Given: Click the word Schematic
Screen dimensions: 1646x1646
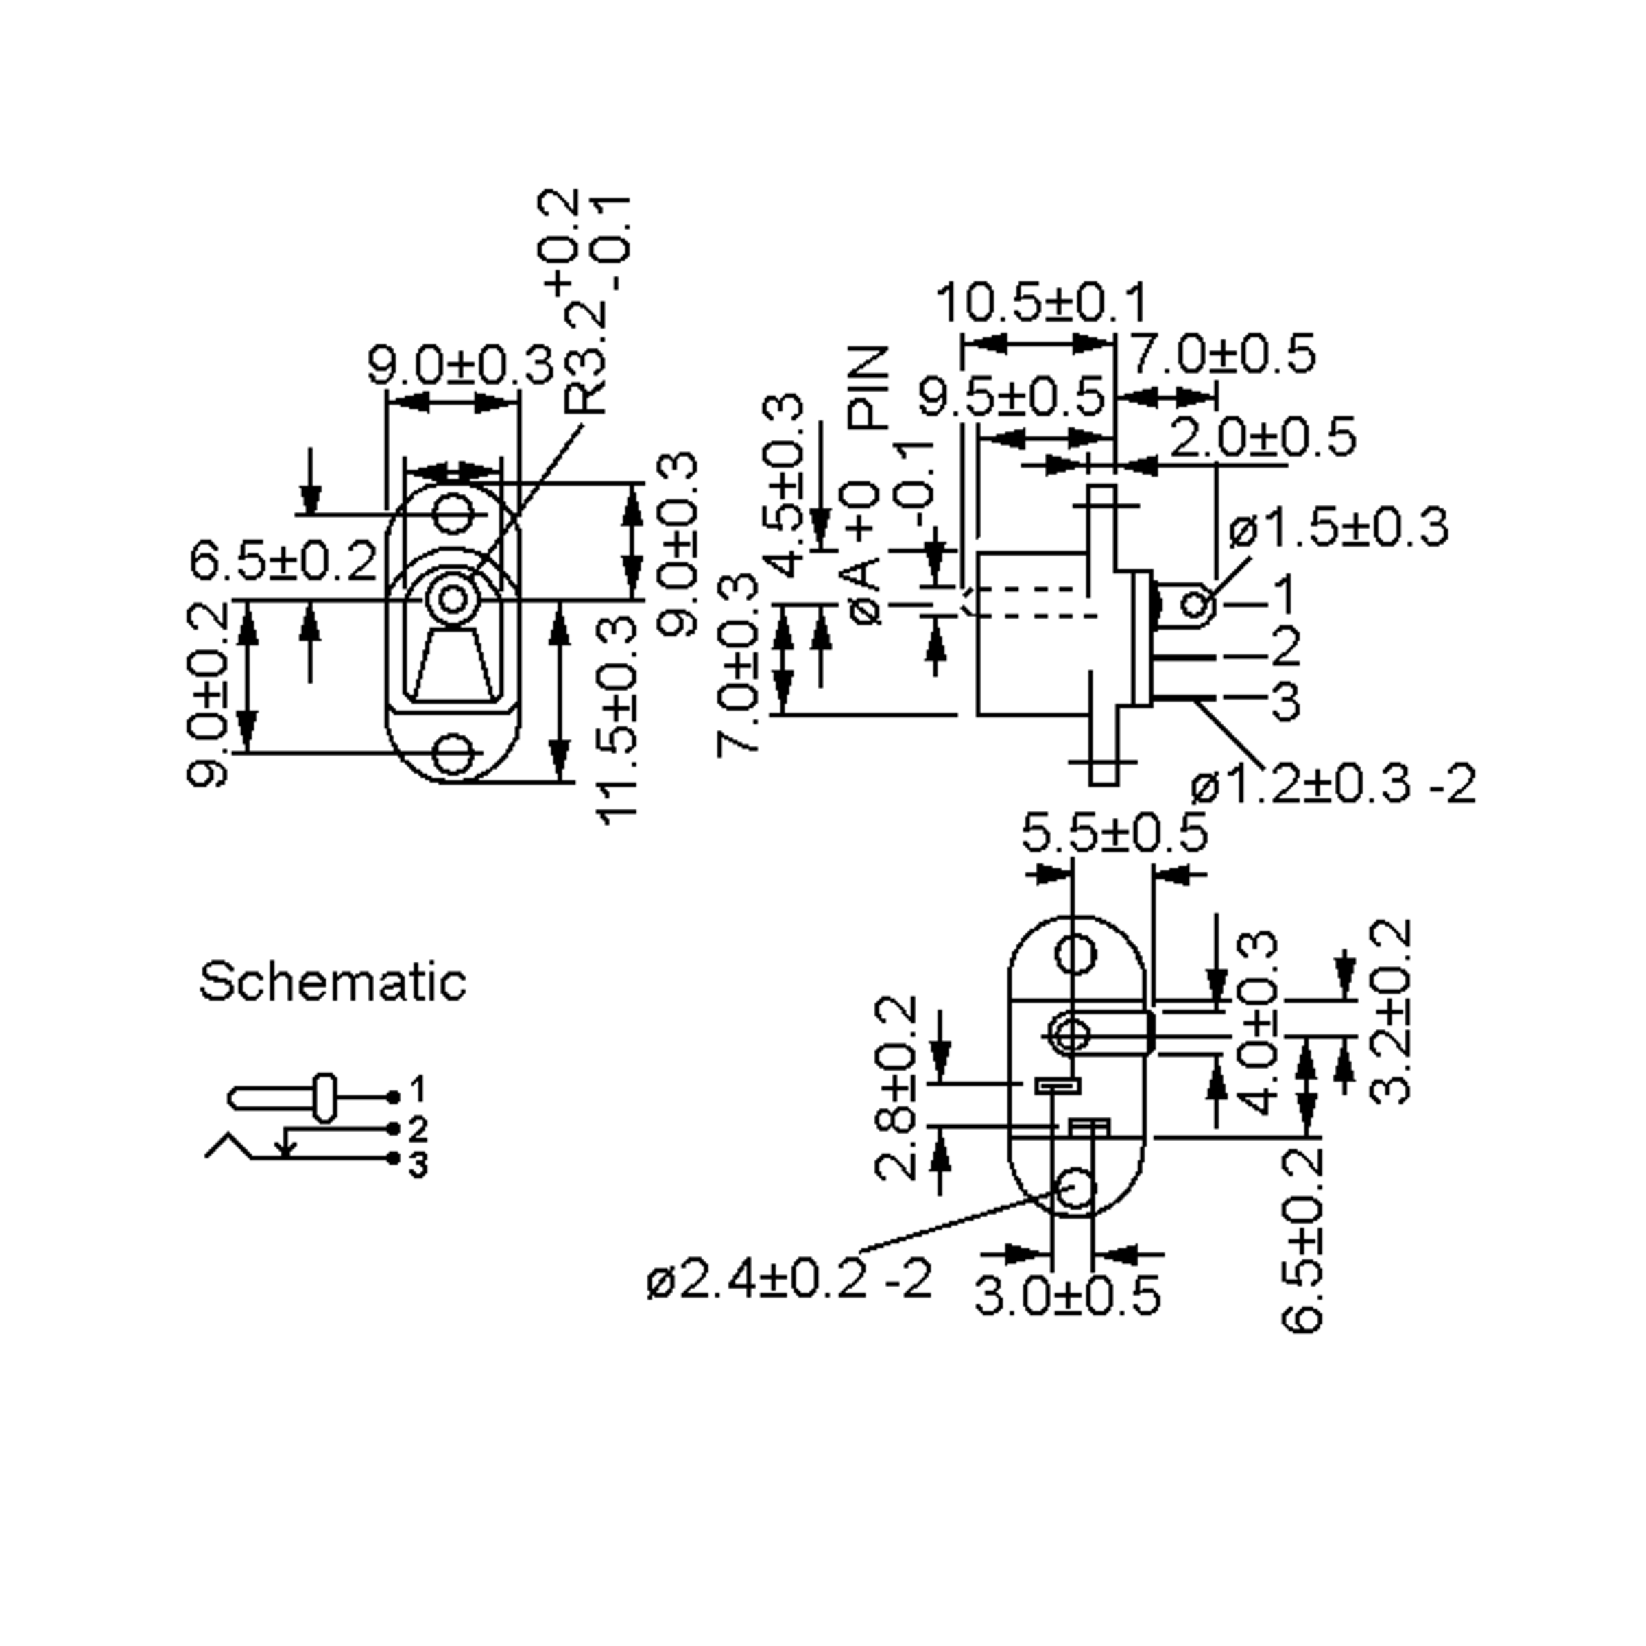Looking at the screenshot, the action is [x=332, y=982].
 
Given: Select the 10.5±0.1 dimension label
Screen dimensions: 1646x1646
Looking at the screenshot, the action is [x=1042, y=302].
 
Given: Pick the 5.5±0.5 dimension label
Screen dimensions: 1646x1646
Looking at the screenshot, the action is [x=1114, y=833].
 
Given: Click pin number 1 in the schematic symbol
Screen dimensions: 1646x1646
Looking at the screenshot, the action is [x=418, y=1089].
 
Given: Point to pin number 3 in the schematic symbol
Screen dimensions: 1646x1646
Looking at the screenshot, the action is [x=418, y=1165].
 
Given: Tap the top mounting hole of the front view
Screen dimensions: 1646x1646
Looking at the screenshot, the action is [x=453, y=514].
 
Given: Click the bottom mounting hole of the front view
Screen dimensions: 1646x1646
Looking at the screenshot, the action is [x=453, y=754].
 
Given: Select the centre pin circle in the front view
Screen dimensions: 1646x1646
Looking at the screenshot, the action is [x=453, y=599].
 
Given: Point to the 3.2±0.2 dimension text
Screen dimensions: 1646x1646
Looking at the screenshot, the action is [x=1390, y=1012].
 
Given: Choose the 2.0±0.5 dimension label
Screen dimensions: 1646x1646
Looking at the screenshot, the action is [x=1263, y=438].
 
